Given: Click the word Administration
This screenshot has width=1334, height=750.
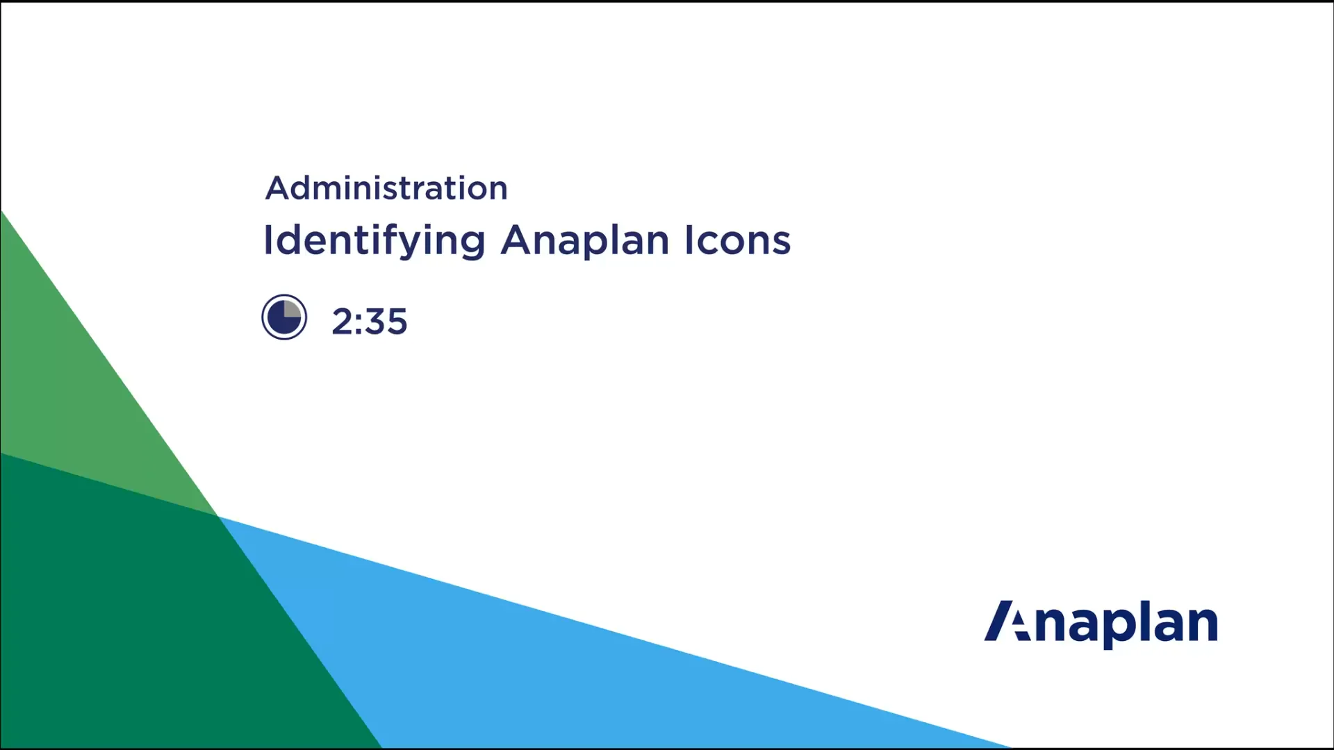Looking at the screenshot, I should click(x=386, y=188).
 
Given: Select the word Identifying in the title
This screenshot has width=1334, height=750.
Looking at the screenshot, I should click(x=374, y=241).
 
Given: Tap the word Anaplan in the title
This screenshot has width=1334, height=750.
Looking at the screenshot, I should click(x=585, y=241).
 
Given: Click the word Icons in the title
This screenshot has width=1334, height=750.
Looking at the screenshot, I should click(x=737, y=240).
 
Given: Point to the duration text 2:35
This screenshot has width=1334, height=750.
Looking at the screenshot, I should click(x=369, y=322).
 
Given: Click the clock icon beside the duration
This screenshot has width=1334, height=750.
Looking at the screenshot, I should click(x=284, y=317).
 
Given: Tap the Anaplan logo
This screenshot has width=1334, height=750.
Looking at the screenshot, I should click(x=1101, y=623).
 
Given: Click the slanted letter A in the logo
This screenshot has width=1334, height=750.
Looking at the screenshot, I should click(x=1006, y=621).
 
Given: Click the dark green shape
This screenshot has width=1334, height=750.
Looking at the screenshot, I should click(x=139, y=611).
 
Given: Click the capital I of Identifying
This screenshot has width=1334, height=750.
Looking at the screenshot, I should click(x=268, y=240).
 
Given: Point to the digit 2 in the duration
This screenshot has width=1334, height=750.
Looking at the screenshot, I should click(x=342, y=322).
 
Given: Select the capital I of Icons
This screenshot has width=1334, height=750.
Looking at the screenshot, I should click(x=689, y=240).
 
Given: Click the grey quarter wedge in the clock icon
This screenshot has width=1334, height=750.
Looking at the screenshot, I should click(x=292, y=310).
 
